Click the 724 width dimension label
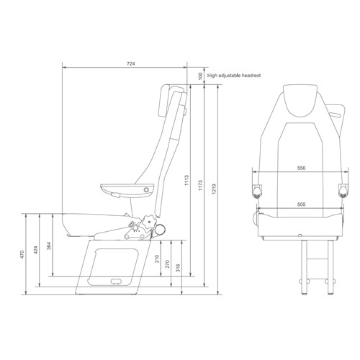point(130,64)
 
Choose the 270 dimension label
point(170,264)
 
